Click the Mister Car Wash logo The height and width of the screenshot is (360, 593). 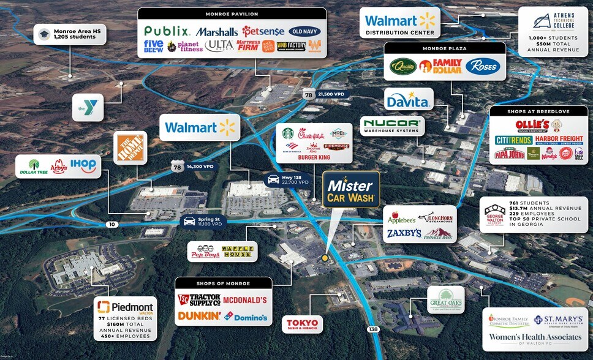tap(351, 189)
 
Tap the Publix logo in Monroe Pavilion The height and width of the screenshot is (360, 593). tap(168, 31)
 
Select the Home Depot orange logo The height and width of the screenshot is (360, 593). tap(130, 148)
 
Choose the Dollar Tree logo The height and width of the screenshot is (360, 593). tap(34, 166)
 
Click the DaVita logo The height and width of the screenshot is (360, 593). tap(409, 98)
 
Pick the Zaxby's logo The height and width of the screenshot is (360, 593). tap(404, 233)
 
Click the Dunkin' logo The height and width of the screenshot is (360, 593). tap(199, 317)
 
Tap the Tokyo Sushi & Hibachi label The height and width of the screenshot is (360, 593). tap(302, 323)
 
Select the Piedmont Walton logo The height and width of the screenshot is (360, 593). tap(126, 307)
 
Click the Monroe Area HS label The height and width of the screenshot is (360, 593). tap(69, 34)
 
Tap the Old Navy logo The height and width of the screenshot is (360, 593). tap(304, 31)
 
